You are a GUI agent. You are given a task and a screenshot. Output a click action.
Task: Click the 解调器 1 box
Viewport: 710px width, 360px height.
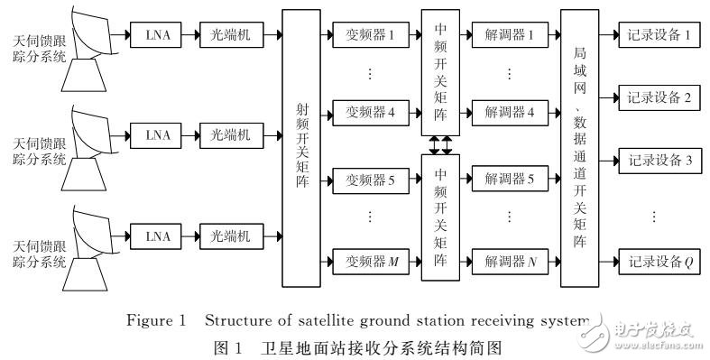(509, 35)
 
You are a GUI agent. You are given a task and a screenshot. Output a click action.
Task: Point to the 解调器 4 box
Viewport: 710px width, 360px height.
(509, 114)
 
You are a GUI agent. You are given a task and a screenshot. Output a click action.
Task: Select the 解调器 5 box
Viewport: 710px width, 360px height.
(509, 180)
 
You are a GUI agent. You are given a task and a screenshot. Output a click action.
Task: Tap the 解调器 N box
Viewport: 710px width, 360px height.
(509, 261)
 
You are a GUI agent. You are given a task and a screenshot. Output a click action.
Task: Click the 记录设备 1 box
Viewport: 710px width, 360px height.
(657, 35)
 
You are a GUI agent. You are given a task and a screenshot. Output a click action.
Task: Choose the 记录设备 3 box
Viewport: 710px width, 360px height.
(657, 162)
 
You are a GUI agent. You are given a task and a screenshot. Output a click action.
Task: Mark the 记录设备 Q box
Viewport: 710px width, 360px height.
(657, 261)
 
